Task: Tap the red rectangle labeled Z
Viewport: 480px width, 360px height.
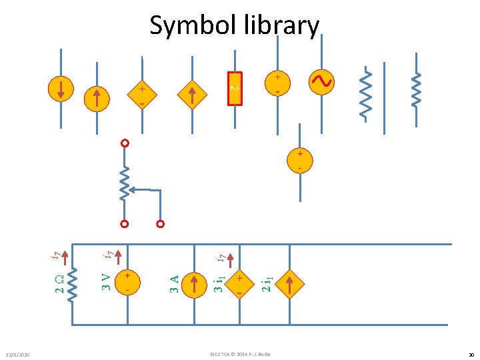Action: click(x=234, y=87)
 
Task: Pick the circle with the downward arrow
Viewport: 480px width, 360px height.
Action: click(x=61, y=89)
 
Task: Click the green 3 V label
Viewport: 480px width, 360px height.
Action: click(x=105, y=281)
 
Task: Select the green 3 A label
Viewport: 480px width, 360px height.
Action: click(x=174, y=283)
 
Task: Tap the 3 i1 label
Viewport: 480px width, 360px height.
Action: click(x=219, y=280)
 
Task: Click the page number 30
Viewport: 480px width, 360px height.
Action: click(x=469, y=354)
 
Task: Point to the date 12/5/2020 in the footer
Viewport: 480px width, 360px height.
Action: click(x=18, y=354)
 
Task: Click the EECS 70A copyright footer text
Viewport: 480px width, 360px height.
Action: click(x=239, y=353)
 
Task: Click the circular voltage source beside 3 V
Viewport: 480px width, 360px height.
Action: click(x=127, y=283)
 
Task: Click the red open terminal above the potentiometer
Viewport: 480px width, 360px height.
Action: click(x=124, y=144)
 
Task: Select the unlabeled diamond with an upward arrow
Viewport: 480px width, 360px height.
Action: click(x=191, y=93)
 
